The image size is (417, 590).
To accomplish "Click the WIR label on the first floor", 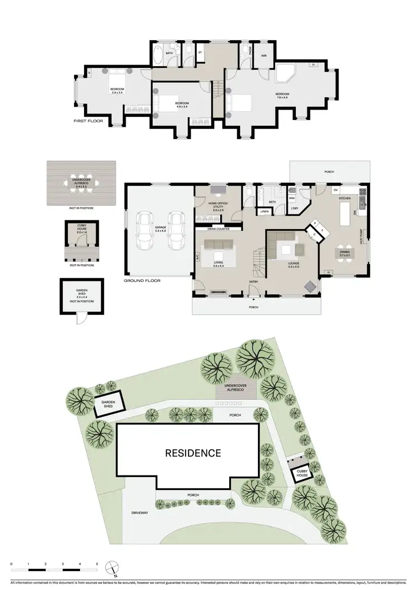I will [x=265, y=56].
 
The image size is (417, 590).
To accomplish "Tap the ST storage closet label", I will [x=200, y=54].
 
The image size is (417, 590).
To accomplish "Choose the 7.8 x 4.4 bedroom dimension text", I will [x=282, y=98].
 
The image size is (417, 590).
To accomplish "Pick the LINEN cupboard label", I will [x=264, y=212].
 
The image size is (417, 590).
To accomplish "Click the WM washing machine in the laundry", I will [x=292, y=197].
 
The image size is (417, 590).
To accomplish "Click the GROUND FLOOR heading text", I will [x=142, y=281].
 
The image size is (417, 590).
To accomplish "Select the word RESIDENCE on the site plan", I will [x=193, y=453].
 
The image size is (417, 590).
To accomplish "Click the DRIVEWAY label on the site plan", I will [x=140, y=513].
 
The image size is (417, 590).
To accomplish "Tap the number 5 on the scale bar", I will [x=97, y=563].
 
